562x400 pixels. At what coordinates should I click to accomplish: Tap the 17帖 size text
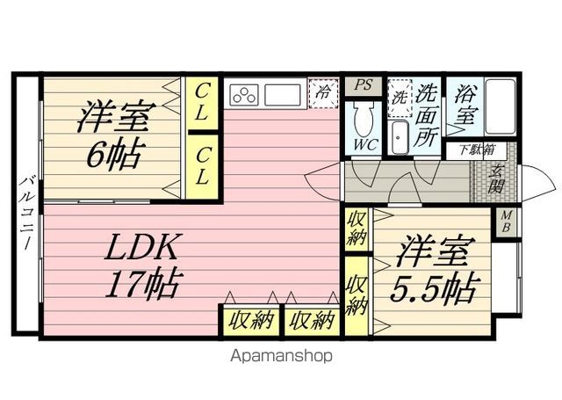coord(144,284)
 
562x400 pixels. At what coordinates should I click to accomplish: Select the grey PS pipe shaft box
coord(362,85)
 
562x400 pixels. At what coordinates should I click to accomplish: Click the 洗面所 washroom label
coord(428,112)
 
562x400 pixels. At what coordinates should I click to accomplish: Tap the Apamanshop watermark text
coord(281,357)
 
